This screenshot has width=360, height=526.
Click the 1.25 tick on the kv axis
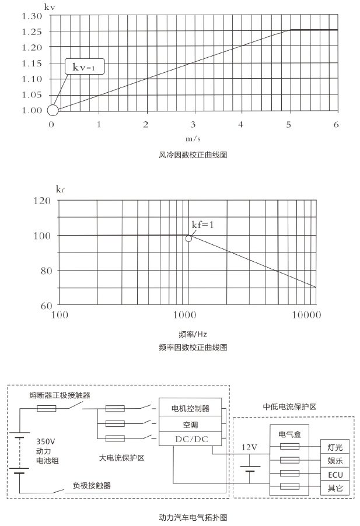click(33, 31)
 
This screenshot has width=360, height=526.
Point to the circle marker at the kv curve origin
click(53, 110)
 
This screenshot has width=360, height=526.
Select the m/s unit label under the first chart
click(193, 139)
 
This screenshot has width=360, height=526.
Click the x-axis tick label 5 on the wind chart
click(289, 124)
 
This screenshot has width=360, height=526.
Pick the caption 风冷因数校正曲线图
click(193, 155)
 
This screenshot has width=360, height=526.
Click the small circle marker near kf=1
click(188, 239)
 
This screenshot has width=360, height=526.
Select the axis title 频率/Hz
click(193, 334)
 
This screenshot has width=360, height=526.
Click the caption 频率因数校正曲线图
click(193, 347)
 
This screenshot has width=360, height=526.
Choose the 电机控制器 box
click(190, 408)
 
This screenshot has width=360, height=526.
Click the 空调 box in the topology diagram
click(190, 423)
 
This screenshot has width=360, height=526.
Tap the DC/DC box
click(190, 439)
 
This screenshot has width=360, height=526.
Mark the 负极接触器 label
click(92, 485)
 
